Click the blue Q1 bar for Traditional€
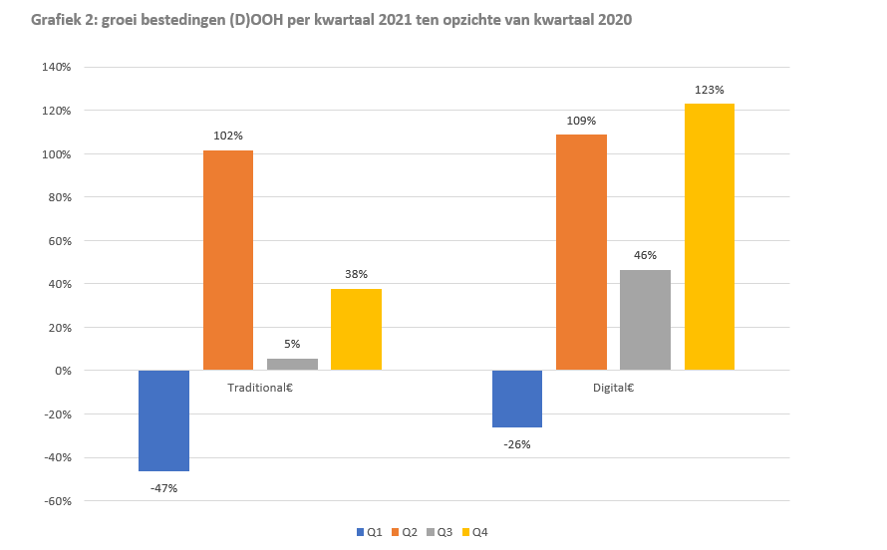click(x=163, y=420)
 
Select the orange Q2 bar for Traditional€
click(x=228, y=260)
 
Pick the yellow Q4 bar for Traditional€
click(x=356, y=330)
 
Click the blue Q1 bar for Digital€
click(x=517, y=399)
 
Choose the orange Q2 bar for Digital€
click(x=581, y=252)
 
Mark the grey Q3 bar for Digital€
click(x=645, y=320)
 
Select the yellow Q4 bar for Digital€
click(x=710, y=237)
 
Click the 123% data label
click(x=709, y=91)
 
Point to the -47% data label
click(x=162, y=488)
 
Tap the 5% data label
click(x=292, y=344)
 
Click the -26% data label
click(x=516, y=444)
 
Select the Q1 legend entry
click(x=370, y=532)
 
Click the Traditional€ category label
click(x=259, y=387)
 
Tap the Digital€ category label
click(x=613, y=387)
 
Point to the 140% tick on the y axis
click(x=56, y=67)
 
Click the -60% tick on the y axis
click(x=57, y=501)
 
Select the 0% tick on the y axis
click(x=62, y=371)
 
